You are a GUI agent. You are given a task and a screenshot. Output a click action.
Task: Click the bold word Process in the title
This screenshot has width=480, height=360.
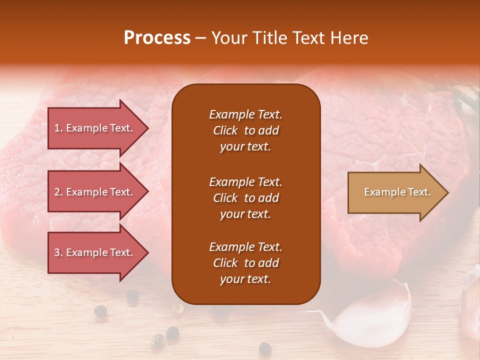point(157,38)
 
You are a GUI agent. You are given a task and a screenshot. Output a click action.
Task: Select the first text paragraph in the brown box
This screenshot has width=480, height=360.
point(246,130)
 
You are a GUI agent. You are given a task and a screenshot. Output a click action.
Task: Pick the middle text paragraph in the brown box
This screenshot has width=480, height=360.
point(246,198)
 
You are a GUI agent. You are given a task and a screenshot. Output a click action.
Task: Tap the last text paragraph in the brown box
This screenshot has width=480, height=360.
point(246,263)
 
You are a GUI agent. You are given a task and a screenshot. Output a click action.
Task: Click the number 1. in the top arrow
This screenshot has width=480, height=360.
point(58,128)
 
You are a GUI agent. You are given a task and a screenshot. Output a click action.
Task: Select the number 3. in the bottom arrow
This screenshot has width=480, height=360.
point(58,252)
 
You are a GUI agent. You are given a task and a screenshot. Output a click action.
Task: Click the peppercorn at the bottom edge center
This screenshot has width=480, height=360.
point(264,347)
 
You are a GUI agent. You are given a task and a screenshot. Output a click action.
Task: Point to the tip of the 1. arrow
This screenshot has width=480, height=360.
point(147,128)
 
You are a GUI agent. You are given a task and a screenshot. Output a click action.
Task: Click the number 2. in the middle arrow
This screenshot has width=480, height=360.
point(58,192)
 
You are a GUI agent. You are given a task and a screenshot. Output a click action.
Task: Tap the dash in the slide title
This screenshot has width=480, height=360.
point(200,39)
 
